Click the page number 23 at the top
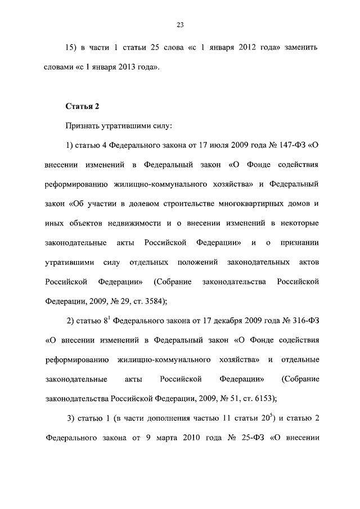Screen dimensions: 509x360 (x=180, y=25)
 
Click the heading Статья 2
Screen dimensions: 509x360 (x=83, y=106)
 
